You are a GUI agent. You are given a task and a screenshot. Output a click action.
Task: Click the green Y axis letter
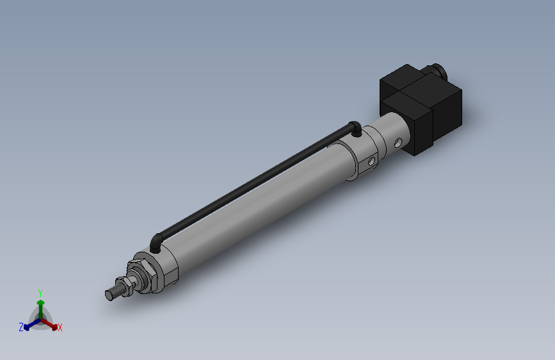tap(40, 291)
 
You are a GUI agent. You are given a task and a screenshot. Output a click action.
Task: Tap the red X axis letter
tap(60, 328)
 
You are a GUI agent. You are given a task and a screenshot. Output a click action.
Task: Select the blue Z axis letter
tap(21, 327)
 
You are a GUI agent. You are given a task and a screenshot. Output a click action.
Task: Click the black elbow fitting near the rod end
tap(156, 242)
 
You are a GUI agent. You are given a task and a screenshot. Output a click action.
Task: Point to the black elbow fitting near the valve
tap(355, 127)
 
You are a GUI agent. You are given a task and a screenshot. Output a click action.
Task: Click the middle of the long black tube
tap(256, 183)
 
